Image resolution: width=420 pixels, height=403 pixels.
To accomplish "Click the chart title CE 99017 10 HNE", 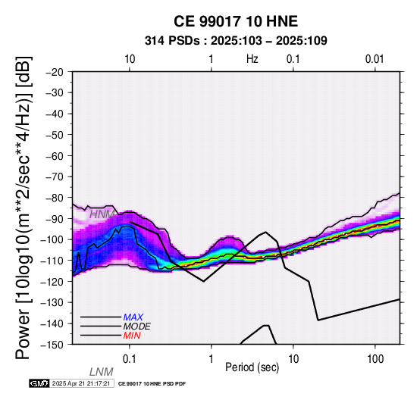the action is (x=236, y=21).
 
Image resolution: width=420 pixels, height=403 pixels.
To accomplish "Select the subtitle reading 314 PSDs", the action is (x=172, y=41).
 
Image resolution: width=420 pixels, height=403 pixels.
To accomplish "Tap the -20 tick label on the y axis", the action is (x=55, y=72).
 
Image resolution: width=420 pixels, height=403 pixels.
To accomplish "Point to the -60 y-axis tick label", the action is (x=55, y=156).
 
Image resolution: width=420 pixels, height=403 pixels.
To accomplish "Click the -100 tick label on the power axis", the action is (x=52, y=240).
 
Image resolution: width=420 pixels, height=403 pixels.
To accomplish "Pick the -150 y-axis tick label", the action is (x=52, y=345).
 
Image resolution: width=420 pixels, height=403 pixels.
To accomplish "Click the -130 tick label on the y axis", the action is (x=52, y=303).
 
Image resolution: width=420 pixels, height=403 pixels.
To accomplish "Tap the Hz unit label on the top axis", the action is (x=252, y=59).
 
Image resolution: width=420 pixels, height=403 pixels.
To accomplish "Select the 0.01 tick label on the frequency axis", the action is (x=375, y=59).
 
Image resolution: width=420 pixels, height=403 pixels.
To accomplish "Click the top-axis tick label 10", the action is (x=130, y=59).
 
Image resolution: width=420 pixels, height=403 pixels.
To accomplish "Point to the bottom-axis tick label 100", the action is (x=375, y=359).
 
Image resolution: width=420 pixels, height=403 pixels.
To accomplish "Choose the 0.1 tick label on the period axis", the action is (x=130, y=359).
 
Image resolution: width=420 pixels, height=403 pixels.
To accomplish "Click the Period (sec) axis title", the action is (x=252, y=367).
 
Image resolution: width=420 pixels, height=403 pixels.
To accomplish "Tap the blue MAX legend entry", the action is (x=133, y=317).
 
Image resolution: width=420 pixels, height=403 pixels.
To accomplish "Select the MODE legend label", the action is (x=137, y=326).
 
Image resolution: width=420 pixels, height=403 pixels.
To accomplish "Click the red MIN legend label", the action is (x=132, y=336).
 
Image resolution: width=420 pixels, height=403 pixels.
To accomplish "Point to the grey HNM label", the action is (x=102, y=214).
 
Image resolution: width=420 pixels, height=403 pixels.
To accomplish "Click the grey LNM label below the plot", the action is (x=102, y=372).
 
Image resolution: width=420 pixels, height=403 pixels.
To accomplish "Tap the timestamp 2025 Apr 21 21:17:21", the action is (x=81, y=384).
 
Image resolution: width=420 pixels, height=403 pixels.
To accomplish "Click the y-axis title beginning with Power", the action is (x=23, y=208).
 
